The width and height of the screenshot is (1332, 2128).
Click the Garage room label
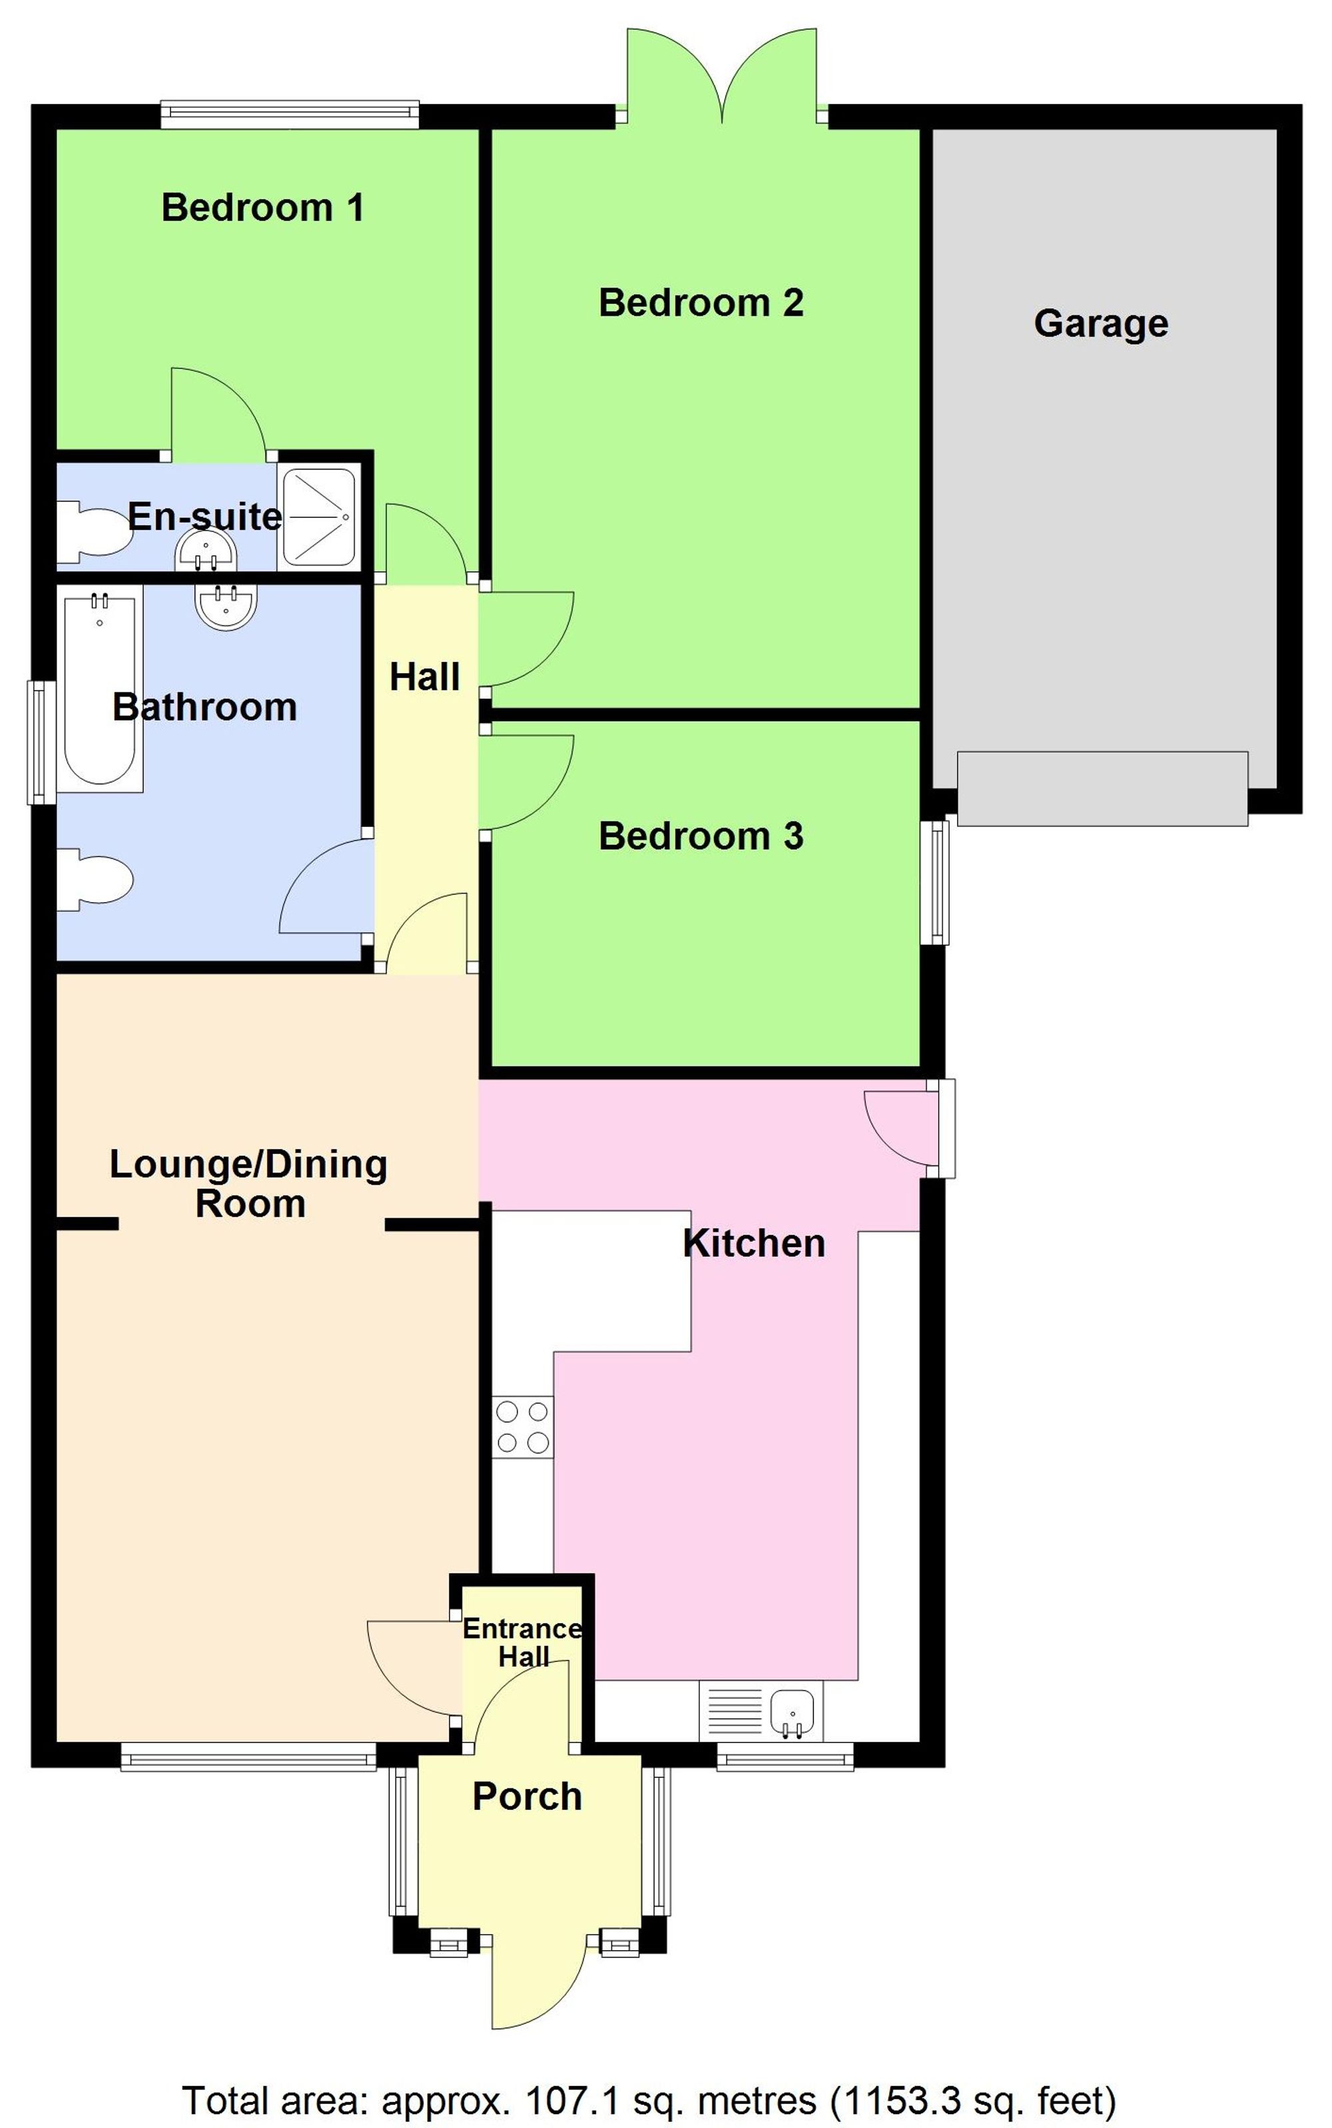(x=1100, y=323)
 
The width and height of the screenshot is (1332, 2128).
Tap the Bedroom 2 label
(x=701, y=303)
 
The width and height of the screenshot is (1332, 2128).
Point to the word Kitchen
(x=753, y=1243)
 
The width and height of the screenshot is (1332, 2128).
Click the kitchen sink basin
(x=791, y=1710)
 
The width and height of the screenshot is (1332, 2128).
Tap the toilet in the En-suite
(x=93, y=530)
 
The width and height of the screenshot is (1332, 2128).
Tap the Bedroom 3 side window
(x=939, y=882)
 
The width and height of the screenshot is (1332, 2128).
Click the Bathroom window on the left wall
(x=40, y=742)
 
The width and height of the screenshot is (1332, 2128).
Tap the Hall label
(x=425, y=677)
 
